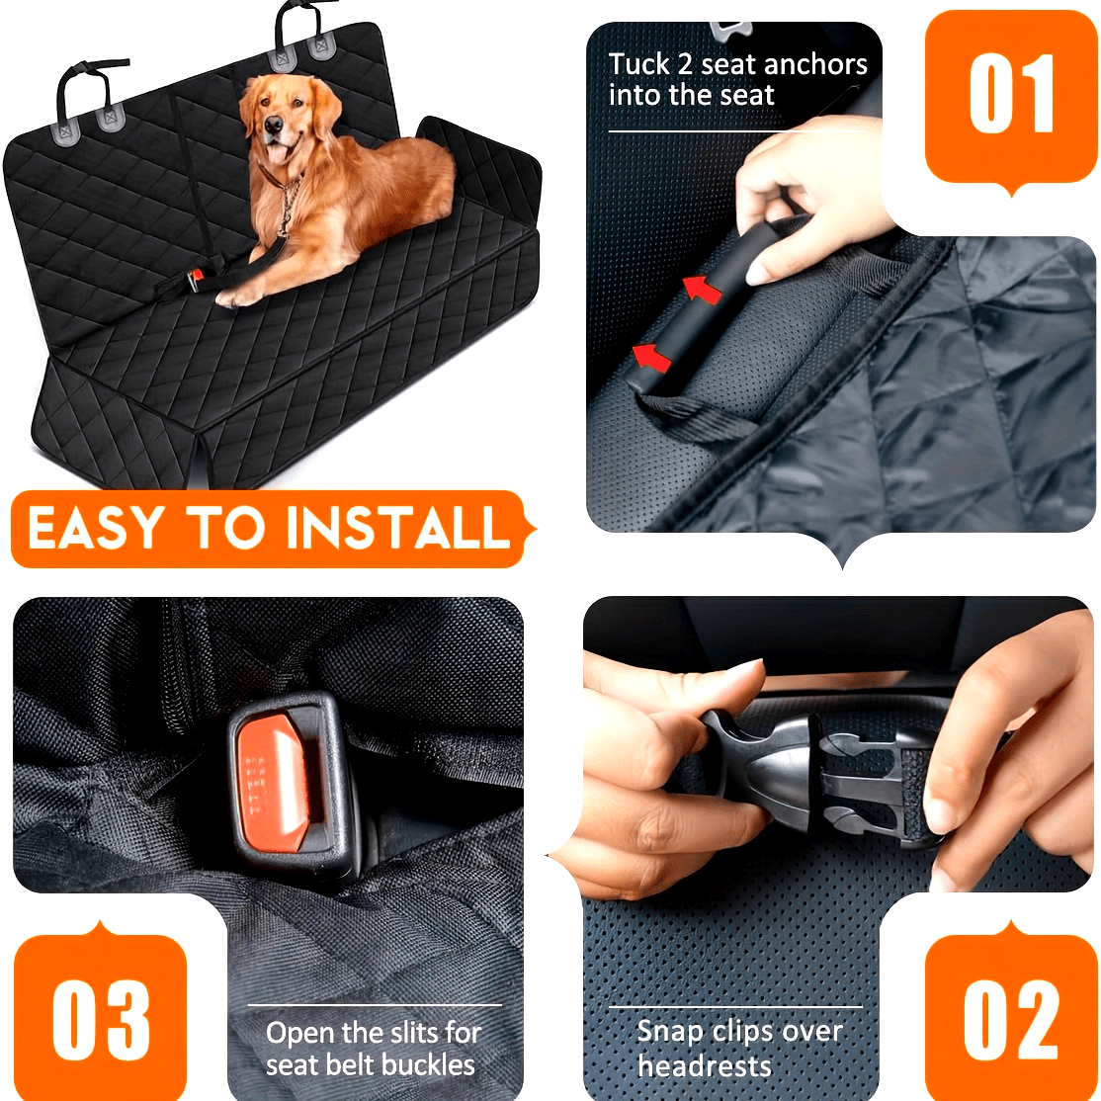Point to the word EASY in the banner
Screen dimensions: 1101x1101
point(95,529)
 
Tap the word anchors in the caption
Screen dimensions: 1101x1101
point(815,64)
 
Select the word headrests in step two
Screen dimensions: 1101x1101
point(704,1065)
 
